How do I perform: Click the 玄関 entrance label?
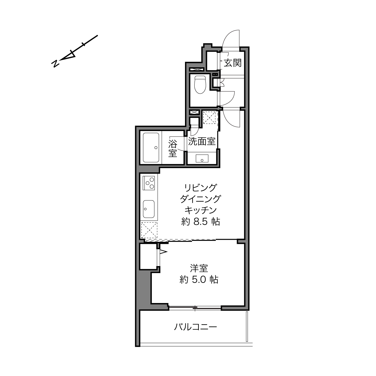pyautogui.click(x=232, y=63)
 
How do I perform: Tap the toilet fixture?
pyautogui.click(x=200, y=85)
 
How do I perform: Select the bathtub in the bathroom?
pyautogui.click(x=151, y=148)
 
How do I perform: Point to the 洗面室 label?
pyautogui.click(x=202, y=141)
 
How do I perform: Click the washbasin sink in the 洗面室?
pyautogui.click(x=202, y=158)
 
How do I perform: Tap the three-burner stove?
pyautogui.click(x=149, y=183)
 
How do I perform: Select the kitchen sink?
pyautogui.click(x=149, y=209)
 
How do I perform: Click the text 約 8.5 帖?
pyautogui.click(x=201, y=222)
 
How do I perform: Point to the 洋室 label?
pyautogui.click(x=199, y=268)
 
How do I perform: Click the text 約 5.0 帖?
pyautogui.click(x=199, y=280)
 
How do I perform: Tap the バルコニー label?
pyautogui.click(x=195, y=327)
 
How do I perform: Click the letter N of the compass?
pyautogui.click(x=55, y=63)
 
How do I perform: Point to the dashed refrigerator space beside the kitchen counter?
pyautogui.click(x=149, y=230)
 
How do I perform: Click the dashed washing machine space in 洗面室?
pyautogui.click(x=210, y=117)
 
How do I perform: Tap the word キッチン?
pyautogui.click(x=201, y=210)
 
